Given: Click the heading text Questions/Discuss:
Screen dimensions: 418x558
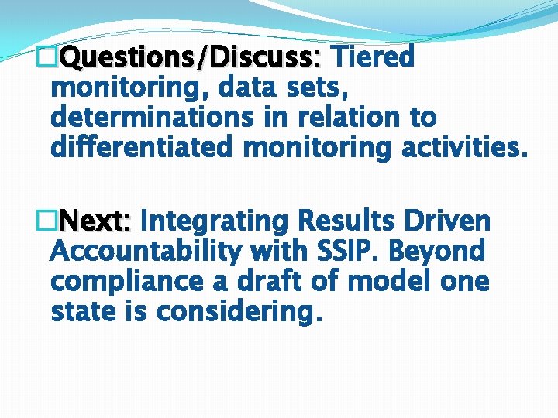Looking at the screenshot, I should coord(191,57).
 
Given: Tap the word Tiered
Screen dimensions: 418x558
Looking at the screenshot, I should coord(374,57).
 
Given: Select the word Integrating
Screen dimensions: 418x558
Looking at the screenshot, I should coord(214,221).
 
